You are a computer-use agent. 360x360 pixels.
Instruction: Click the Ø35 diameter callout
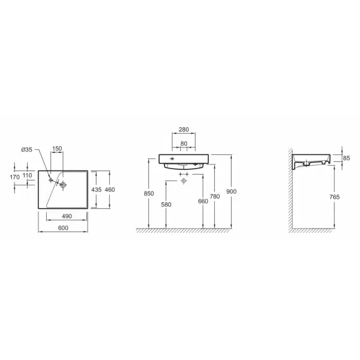pos(26,149)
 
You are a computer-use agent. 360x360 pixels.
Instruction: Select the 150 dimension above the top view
pos(57,149)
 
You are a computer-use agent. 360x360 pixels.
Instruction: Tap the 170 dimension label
pos(14,177)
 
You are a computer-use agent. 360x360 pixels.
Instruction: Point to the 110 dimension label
pos(28,175)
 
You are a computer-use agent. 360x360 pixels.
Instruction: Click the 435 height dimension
pos(96,190)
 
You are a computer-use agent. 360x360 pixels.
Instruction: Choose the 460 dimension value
pos(110,190)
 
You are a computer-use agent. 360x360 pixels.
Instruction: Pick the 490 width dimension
pos(67,216)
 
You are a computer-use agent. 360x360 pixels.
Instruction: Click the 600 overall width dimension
pos(63,228)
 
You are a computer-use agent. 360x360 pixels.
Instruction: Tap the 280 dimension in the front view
pos(184,130)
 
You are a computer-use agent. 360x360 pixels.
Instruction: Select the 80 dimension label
pos(184,144)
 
